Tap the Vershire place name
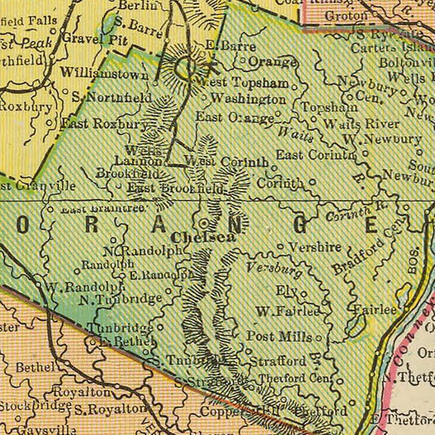[307, 246]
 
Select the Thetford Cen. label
[295, 379]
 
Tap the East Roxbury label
[103, 124]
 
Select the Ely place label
[285, 291]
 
